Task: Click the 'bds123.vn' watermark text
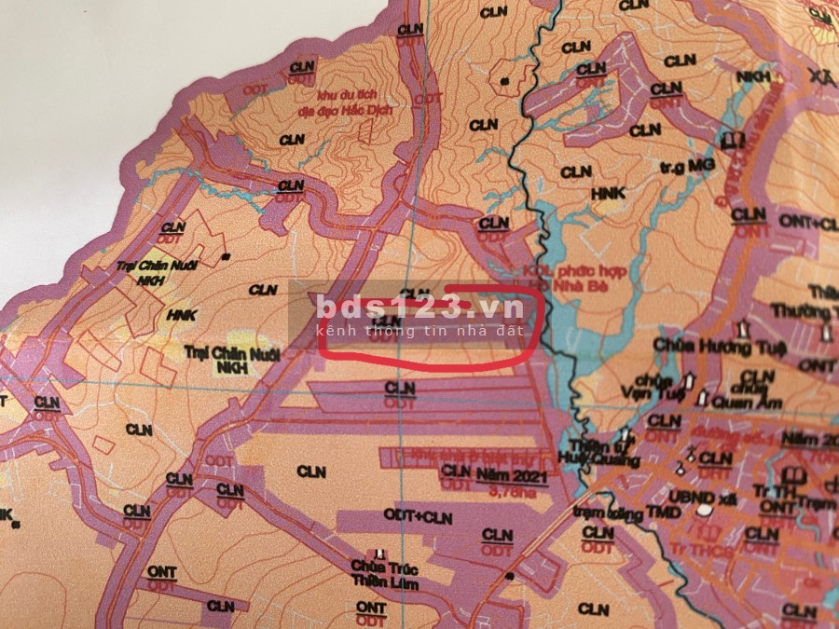coord(415,307)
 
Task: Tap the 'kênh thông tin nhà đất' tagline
coord(421,331)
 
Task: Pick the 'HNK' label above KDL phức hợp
coord(608,193)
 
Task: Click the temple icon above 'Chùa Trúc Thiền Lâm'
coord(379,554)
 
